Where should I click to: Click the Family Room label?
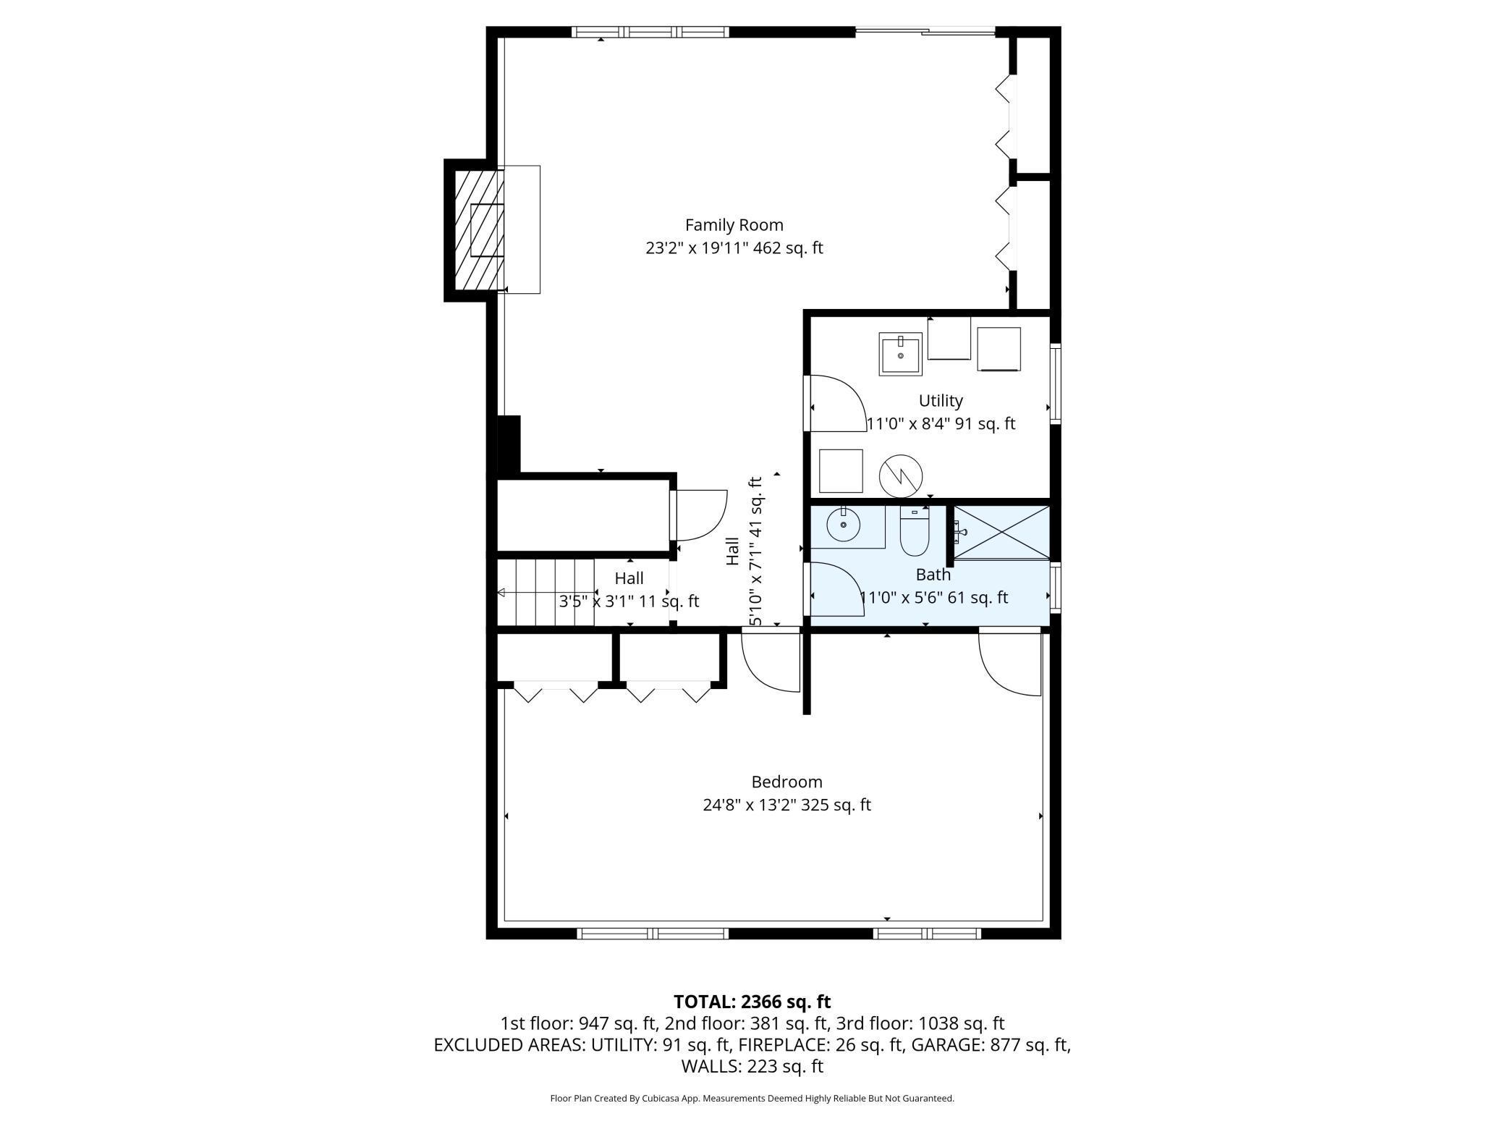[x=734, y=225]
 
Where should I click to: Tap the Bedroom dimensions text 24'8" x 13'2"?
[x=787, y=805]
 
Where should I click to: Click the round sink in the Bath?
[x=843, y=525]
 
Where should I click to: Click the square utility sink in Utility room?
[x=900, y=354]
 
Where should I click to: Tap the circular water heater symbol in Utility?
[x=901, y=475]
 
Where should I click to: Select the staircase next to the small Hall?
[x=545, y=592]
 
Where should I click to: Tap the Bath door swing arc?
[x=836, y=588]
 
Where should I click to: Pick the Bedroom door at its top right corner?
[x=1010, y=662]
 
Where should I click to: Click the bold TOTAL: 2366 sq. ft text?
[x=752, y=1002]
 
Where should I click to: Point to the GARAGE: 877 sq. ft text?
[x=990, y=1044]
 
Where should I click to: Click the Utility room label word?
[x=941, y=400]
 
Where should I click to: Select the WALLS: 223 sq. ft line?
[x=752, y=1066]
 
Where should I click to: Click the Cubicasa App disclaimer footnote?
[x=752, y=1099]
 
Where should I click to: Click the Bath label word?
[x=933, y=575]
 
